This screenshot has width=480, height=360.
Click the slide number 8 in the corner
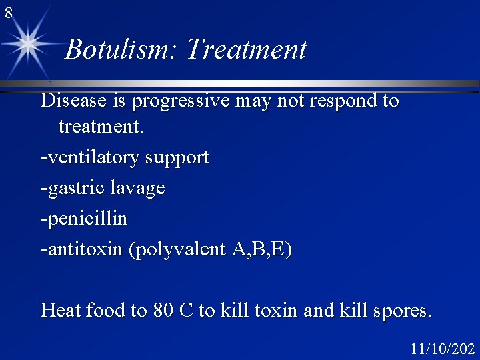pos(8,12)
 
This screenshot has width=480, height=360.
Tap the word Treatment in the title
pos(246,49)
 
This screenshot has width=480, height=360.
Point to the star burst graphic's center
pos(28,44)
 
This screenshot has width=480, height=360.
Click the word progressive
pos(180,101)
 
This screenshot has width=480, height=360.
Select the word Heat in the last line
pos(58,310)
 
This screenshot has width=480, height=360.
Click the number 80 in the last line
pos(163,310)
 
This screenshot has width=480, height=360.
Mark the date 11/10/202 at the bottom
pos(443,349)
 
